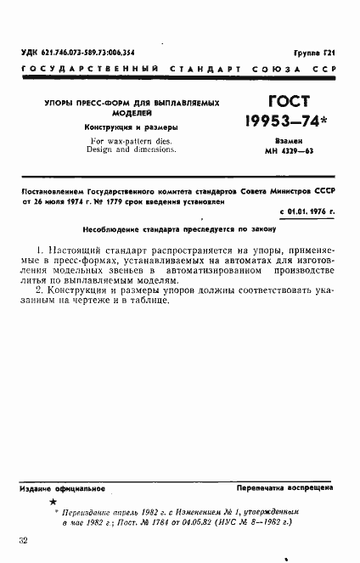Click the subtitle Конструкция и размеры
pyautogui.click(x=131, y=127)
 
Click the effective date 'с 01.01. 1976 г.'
pyautogui.click(x=307, y=208)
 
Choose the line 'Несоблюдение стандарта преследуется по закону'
pyautogui.click(x=174, y=228)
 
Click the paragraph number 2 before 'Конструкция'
pyautogui.click(x=31, y=293)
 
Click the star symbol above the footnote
pyautogui.click(x=53, y=504)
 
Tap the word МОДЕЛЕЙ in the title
pyautogui.click(x=131, y=112)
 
